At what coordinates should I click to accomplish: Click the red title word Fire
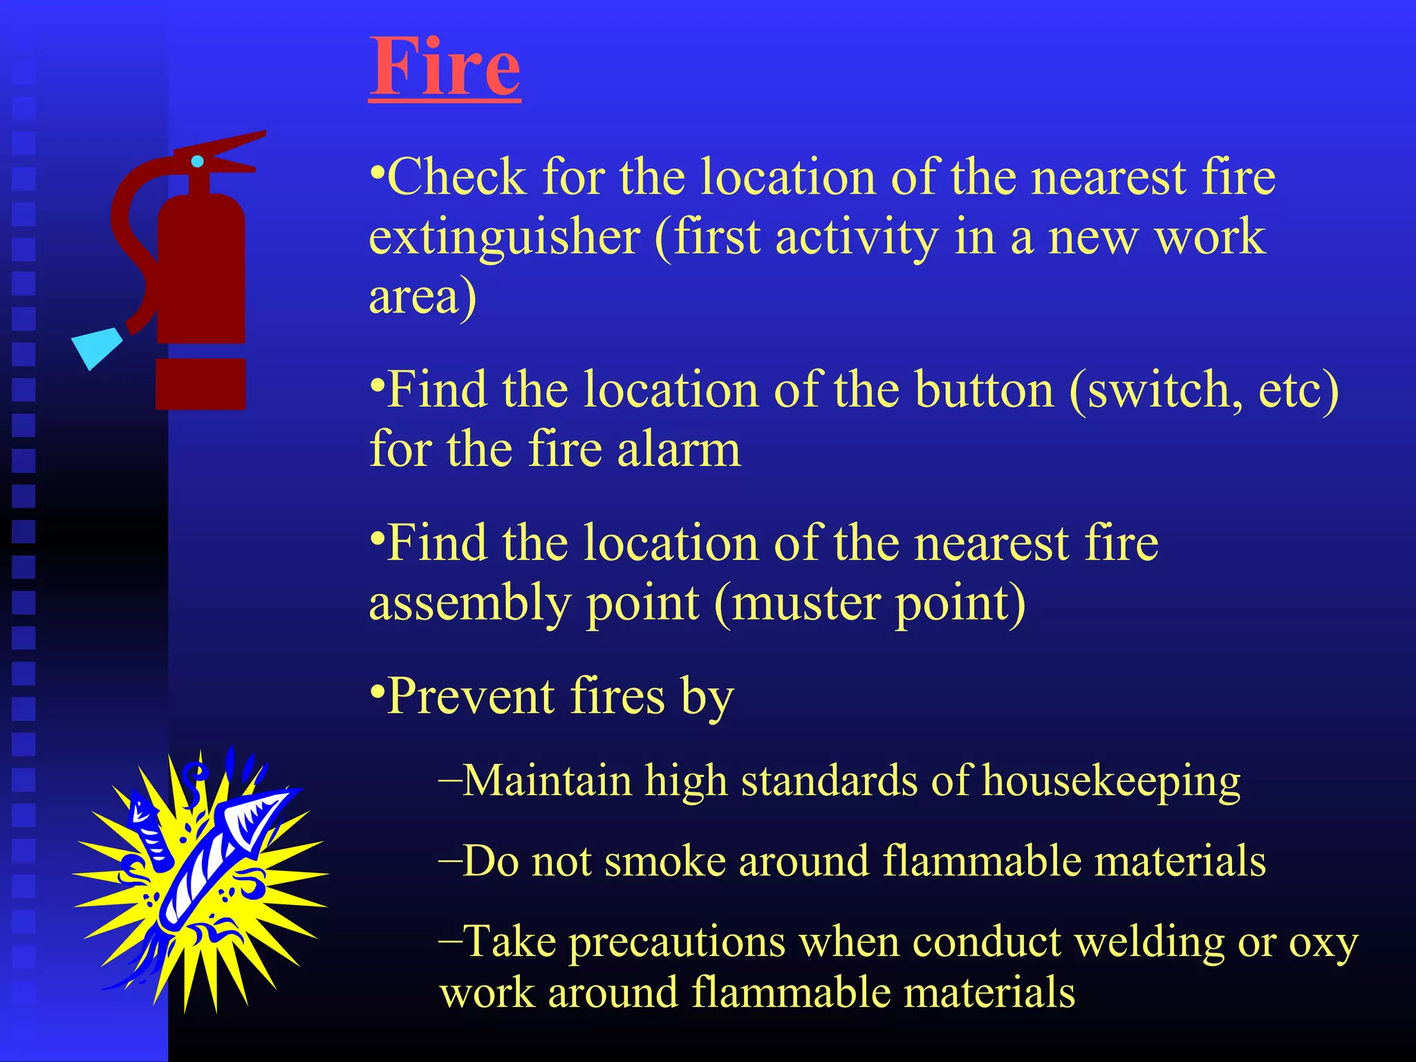[444, 67]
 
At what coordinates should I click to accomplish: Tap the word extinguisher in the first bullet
[504, 237]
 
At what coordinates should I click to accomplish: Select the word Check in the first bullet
[457, 177]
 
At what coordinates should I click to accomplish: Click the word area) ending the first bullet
[422, 297]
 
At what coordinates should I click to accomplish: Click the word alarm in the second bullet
[678, 450]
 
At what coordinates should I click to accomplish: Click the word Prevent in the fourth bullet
[469, 696]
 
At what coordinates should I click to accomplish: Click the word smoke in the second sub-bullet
[665, 862]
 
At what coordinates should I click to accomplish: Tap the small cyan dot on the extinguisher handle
[197, 161]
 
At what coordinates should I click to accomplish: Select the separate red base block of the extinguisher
[201, 384]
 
